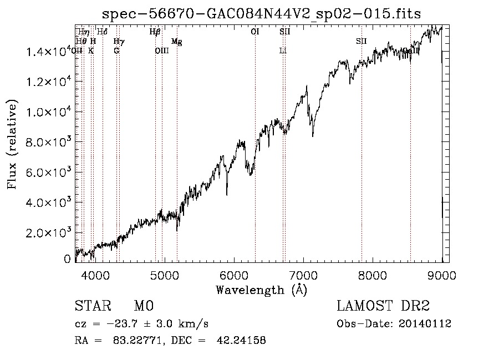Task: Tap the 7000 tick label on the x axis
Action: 303,274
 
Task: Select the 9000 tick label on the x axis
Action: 442,274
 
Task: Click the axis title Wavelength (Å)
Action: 261,290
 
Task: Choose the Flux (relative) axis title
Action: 12,144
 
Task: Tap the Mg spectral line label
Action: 176,42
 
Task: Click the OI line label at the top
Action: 255,32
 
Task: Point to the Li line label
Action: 283,50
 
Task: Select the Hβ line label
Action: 155,32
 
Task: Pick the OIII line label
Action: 161,50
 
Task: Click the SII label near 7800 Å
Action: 361,42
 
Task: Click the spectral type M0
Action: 143,306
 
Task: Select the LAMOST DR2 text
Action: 383,306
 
